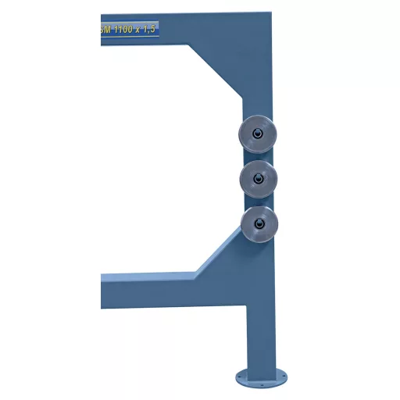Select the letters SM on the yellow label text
106,29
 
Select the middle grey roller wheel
259,178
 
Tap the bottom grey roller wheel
259,224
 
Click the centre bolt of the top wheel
256,133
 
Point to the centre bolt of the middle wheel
256,179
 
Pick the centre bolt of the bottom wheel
257,225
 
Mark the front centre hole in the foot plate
261,383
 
